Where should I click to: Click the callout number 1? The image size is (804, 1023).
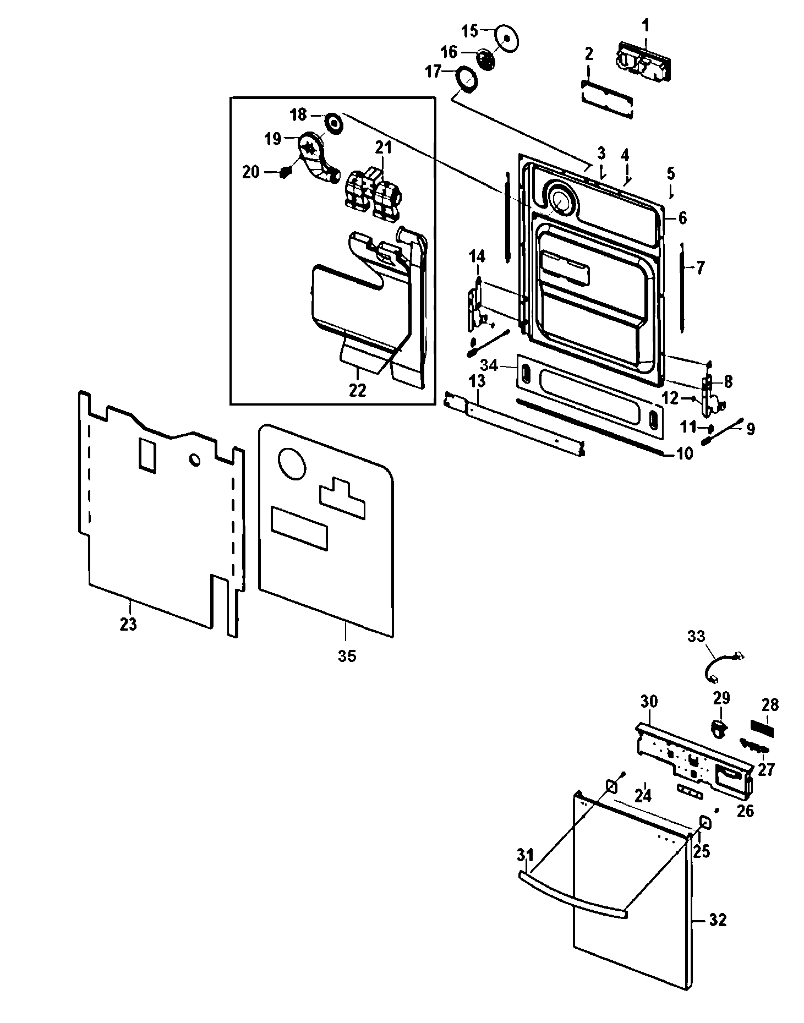point(646,25)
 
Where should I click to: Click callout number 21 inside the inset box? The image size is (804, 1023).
point(384,147)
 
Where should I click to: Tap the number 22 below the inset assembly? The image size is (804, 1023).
point(357,390)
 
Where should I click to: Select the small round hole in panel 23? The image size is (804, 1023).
point(195,459)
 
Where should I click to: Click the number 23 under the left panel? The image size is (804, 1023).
point(128,624)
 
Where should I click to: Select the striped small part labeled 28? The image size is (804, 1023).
point(762,730)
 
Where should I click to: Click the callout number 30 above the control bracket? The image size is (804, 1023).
point(649,702)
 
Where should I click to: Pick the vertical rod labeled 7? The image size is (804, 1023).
point(682,286)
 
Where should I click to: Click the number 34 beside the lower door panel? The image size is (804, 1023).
point(489,365)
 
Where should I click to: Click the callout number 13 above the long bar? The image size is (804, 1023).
point(478,381)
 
